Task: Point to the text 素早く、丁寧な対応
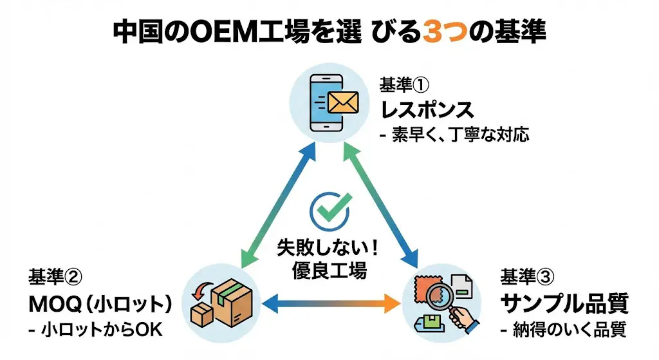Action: click(460, 137)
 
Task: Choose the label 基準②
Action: click(55, 277)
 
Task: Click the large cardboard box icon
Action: click(227, 302)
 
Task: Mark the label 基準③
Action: click(526, 277)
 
